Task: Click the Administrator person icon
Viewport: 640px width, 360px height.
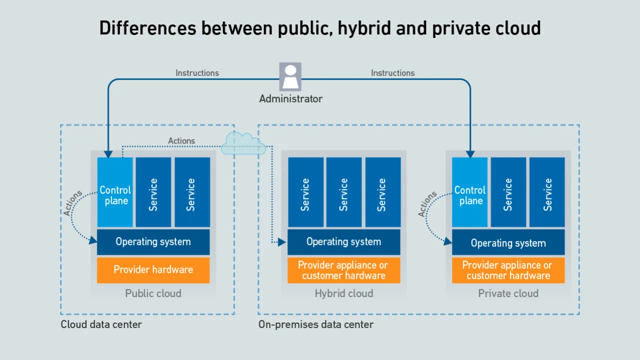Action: (290, 76)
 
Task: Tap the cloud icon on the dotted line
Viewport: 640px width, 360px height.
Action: (243, 143)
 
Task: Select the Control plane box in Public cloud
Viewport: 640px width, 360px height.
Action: (115, 192)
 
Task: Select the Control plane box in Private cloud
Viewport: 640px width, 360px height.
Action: (469, 192)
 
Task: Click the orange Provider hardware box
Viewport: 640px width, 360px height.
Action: (153, 270)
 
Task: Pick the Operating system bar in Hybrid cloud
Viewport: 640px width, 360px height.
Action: (344, 242)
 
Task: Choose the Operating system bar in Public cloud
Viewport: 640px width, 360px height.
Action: (153, 242)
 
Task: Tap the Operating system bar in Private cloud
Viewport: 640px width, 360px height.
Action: (508, 243)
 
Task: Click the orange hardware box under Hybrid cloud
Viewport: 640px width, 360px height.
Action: (344, 270)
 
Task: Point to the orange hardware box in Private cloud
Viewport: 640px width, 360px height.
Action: (508, 270)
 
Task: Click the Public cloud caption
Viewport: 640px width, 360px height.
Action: (153, 293)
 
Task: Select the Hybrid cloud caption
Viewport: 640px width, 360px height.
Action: (344, 293)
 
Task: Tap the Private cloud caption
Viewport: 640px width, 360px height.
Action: (508, 293)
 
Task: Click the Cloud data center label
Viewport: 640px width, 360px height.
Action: (101, 324)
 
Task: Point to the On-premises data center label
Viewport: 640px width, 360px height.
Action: (315, 324)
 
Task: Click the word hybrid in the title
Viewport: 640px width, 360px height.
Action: (364, 28)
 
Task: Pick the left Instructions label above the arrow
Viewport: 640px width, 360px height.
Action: (197, 73)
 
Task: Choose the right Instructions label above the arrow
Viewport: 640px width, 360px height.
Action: (392, 73)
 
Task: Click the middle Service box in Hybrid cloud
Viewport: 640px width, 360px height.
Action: (344, 192)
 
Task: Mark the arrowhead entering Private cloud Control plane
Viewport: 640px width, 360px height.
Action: (470, 154)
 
